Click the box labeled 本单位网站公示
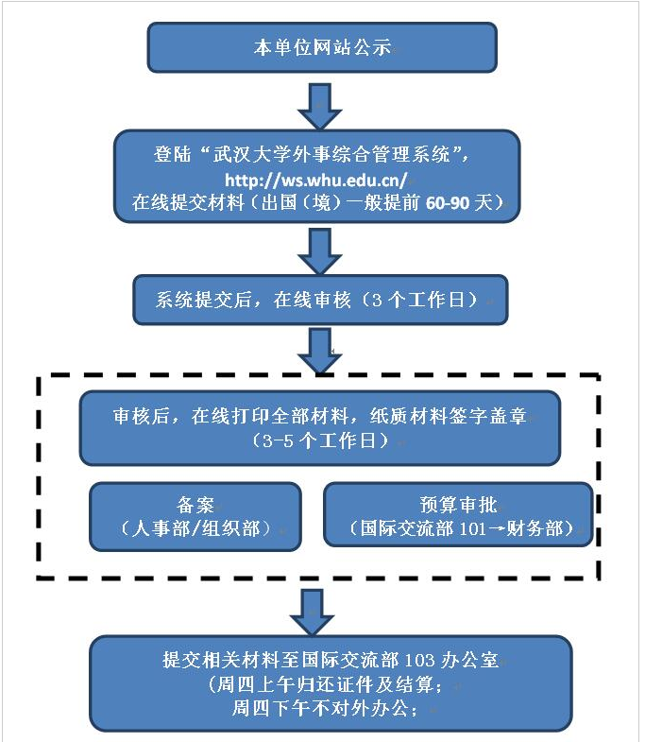click(x=321, y=47)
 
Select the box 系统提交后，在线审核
click(x=320, y=300)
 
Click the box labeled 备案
click(x=195, y=516)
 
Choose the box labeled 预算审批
click(x=458, y=515)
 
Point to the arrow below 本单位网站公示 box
click(x=322, y=105)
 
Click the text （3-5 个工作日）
click(x=320, y=440)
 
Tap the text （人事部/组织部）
click(x=195, y=528)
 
